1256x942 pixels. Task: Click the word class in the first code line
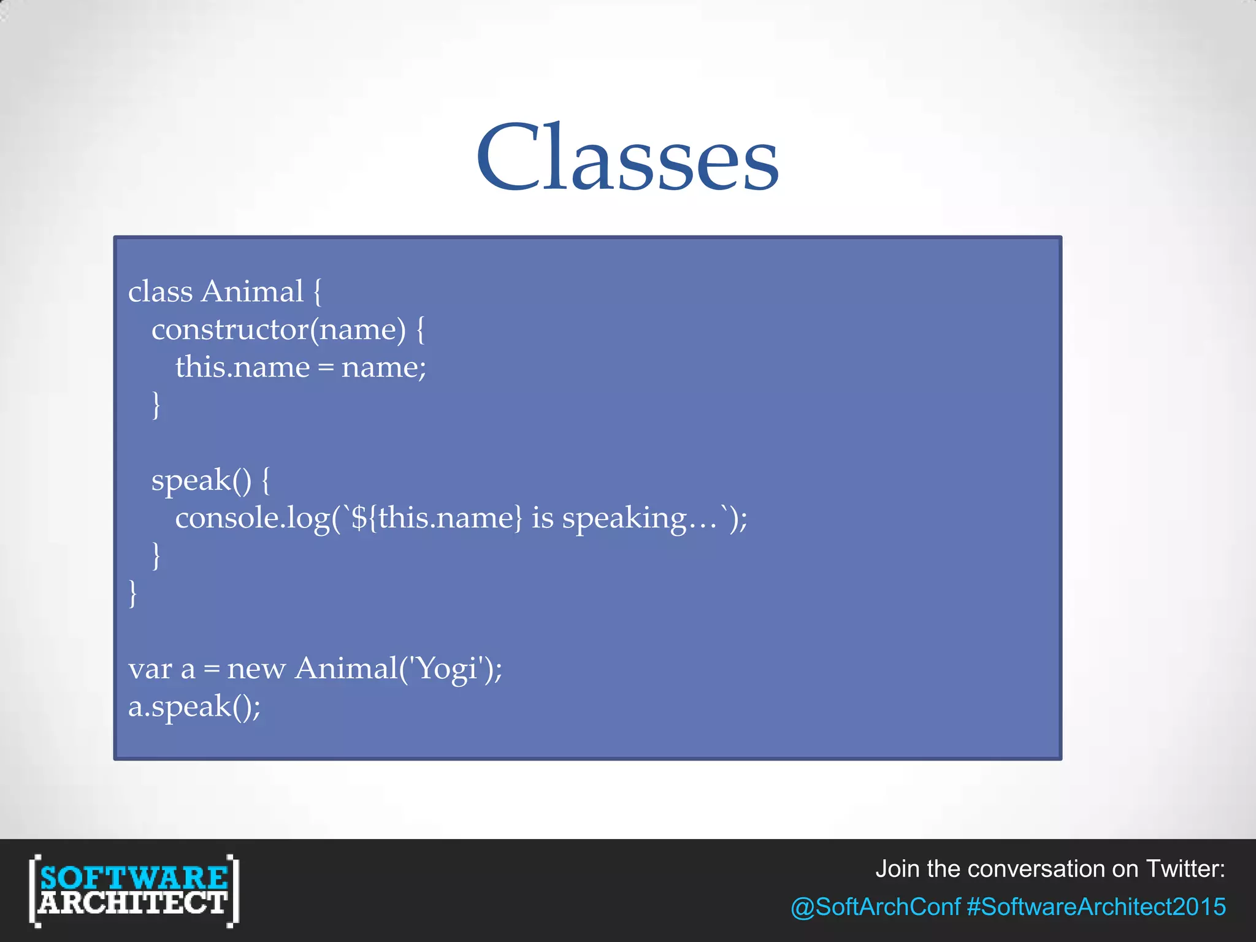tap(160, 292)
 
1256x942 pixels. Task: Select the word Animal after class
tap(253, 292)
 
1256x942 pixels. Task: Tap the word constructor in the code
tap(230, 331)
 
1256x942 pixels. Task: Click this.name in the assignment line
tap(242, 368)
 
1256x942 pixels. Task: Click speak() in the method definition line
tap(201, 481)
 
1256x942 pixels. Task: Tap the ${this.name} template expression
tap(437, 518)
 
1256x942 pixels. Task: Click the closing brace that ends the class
tap(132, 594)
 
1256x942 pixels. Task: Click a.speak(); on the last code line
tap(194, 707)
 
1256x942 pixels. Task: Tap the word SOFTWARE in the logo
tap(134, 878)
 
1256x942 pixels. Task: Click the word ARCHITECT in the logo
tap(133, 903)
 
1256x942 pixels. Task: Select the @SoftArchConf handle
tap(875, 907)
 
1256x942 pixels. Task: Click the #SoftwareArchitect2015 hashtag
tap(1096, 907)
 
